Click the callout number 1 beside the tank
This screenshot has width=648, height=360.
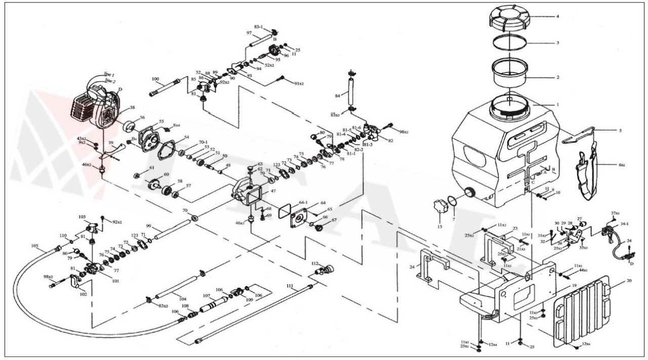click(557, 105)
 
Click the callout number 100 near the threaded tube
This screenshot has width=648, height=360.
click(155, 79)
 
